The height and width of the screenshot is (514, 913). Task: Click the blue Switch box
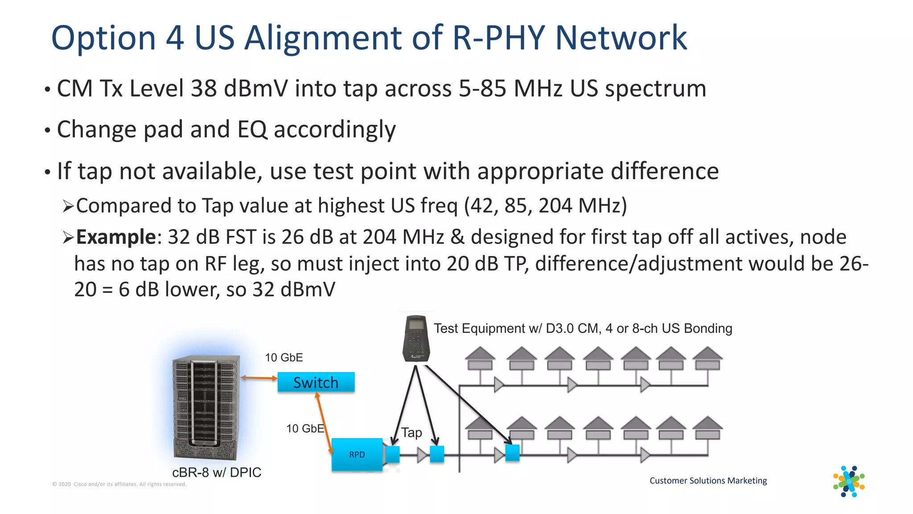pos(316,382)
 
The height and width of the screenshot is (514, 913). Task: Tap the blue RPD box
pos(357,454)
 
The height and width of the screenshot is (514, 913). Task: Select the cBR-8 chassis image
pos(206,407)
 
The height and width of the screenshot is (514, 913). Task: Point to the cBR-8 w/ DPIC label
pos(217,473)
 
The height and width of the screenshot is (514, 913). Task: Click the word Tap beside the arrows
pos(411,432)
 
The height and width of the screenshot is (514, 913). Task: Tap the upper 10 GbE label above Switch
pos(284,357)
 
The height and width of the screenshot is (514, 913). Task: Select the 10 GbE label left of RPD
pos(305,428)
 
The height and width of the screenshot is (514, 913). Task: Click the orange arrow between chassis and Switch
pos(259,378)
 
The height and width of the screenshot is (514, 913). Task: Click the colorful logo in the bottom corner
pos(849,481)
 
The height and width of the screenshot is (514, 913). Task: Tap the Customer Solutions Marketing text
pos(708,481)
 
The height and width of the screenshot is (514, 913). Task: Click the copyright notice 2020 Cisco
pos(119,484)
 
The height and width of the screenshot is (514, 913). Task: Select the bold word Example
pos(116,236)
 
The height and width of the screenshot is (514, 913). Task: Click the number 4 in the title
pos(175,37)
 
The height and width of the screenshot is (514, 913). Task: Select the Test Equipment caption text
pos(583,328)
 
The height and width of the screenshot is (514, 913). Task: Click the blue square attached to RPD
pos(392,454)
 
